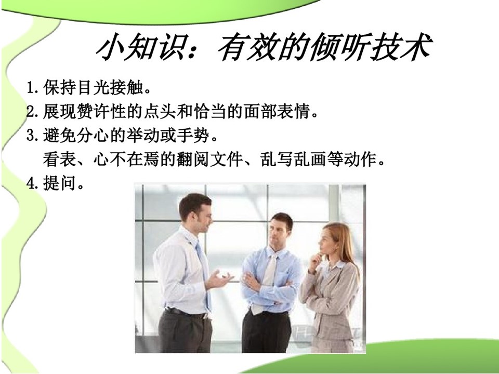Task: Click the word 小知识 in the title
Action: [140, 48]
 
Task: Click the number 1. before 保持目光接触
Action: [33, 88]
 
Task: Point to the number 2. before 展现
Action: [33, 112]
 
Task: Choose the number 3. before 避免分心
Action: [33, 136]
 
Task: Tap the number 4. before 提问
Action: [33, 183]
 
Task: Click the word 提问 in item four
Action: [59, 183]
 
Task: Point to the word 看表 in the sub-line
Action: [59, 159]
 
